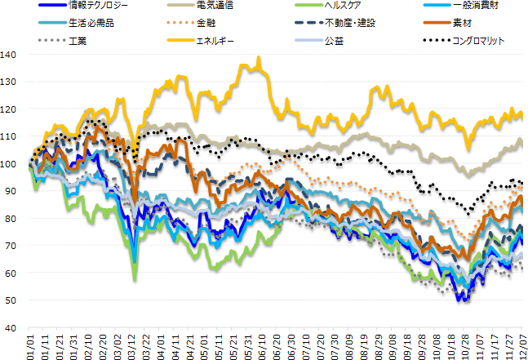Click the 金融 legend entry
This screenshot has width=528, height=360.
coord(206,23)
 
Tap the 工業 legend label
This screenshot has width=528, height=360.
coord(82,39)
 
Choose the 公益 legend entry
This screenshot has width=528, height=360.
coord(333,39)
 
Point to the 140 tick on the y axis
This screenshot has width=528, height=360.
coord(9,55)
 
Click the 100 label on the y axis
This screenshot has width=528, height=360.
coord(9,164)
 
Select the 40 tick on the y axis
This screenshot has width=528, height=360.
coord(11,327)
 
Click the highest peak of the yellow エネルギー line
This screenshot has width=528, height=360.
coord(259,58)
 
